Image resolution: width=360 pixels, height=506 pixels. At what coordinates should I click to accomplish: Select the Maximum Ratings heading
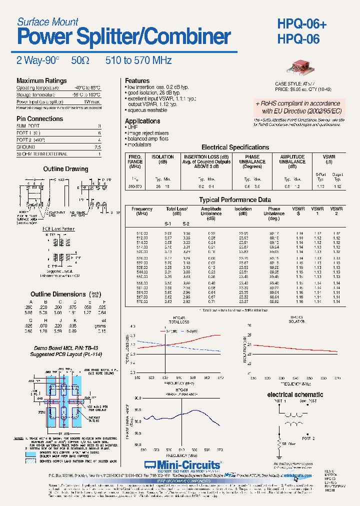coord(41,80)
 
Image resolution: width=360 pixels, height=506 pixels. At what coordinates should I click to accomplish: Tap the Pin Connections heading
coord(40,119)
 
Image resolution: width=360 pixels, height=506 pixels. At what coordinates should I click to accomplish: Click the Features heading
coord(137,80)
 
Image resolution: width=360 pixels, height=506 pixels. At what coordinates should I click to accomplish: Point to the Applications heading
coord(142,121)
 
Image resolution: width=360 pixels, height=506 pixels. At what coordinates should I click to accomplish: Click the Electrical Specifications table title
coord(235,147)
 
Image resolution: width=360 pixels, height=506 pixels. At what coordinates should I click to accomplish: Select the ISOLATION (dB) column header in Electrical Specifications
coord(162,159)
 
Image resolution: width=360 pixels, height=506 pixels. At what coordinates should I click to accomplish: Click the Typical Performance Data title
coord(235,200)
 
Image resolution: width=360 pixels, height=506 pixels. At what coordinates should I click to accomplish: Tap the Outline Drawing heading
coord(65,169)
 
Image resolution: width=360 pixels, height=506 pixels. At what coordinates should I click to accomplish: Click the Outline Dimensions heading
coord(58,294)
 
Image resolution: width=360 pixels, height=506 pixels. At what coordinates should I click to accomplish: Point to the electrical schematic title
coord(295,394)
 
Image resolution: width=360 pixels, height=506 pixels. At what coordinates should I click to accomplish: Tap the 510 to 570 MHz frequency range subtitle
coord(138,60)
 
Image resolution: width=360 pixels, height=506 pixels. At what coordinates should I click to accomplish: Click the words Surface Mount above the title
coord(48,21)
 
